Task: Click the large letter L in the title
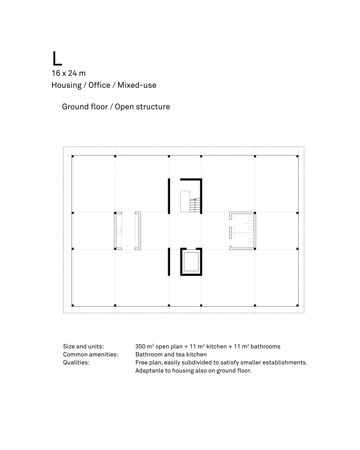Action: pos(57,59)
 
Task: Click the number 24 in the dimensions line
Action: pos(72,73)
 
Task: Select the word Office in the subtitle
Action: pos(99,85)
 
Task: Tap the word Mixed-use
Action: pos(137,85)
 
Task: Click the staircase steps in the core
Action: pos(195,205)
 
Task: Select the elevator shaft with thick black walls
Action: pos(191,262)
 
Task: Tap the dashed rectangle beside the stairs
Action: pos(185,201)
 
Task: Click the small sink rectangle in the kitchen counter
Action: pos(119,231)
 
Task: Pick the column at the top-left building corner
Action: pos(73,156)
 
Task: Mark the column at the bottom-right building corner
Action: pos(297,305)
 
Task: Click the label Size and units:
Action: pos(83,346)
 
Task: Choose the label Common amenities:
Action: pos(90,354)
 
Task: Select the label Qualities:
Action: pos(76,363)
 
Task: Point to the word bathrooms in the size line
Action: pos(265,346)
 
